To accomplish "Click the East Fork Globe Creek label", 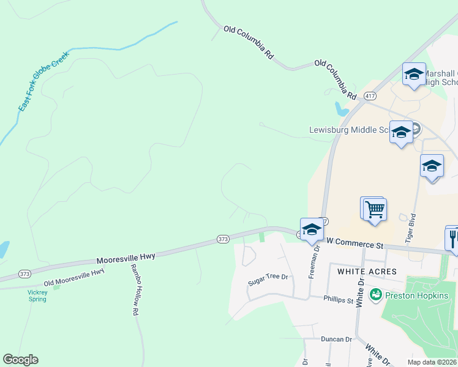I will click(x=44, y=85).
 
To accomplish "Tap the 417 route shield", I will click(x=370, y=97).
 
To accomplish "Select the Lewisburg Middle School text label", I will click(x=349, y=130).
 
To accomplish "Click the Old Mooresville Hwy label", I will click(x=74, y=279).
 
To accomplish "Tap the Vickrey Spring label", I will click(x=37, y=295).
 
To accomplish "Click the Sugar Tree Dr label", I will click(x=268, y=281).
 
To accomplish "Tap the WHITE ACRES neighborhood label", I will click(x=363, y=271).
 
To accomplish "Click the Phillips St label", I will click(x=339, y=300).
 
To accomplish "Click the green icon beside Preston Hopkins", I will click(x=375, y=294).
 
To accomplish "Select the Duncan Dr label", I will click(x=337, y=339).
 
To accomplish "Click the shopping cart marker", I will click(x=375, y=210).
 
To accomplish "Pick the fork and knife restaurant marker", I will click(x=453, y=237).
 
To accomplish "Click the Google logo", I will click(x=20, y=360).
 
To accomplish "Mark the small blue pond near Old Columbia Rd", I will click(x=340, y=110).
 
